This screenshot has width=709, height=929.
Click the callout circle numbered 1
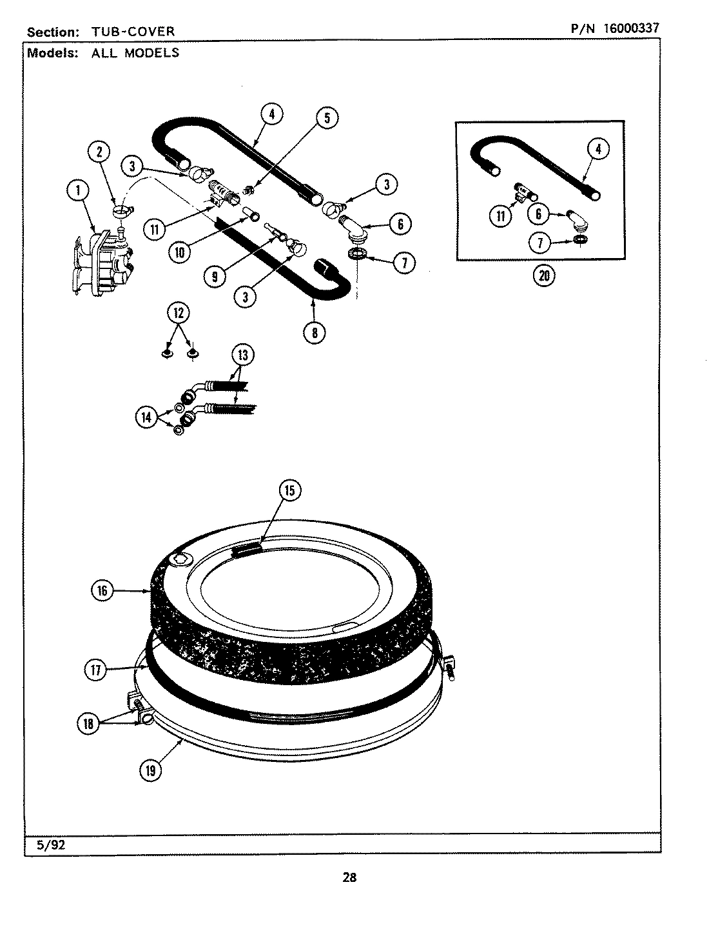[79, 190]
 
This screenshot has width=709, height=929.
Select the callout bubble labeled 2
[99, 152]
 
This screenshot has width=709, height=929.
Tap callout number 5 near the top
[327, 117]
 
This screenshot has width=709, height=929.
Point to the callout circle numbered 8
[314, 332]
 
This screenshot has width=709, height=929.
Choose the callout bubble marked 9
[215, 276]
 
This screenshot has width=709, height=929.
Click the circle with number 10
[180, 252]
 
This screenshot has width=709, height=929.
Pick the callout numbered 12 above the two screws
[179, 313]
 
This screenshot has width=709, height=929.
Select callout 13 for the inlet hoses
[243, 355]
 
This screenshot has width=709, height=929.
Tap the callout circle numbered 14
[147, 417]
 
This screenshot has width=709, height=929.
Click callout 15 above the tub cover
[289, 491]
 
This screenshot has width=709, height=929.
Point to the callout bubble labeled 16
[102, 590]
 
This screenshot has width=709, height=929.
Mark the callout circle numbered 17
[96, 670]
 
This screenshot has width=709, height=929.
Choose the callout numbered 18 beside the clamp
[88, 723]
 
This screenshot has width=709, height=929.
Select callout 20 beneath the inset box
[544, 275]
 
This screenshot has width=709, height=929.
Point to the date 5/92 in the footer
[51, 846]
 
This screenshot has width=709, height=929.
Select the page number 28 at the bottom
[349, 877]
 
